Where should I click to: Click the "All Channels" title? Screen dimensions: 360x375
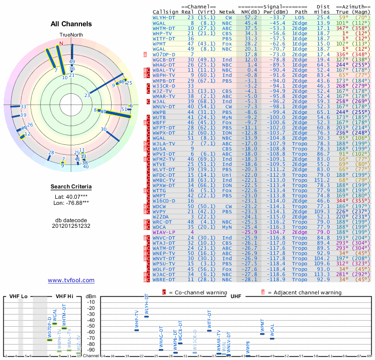tap(71, 24)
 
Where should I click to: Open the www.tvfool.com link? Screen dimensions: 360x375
tap(71, 280)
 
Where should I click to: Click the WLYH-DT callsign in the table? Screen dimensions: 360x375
tap(165, 16)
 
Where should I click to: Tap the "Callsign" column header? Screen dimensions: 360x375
tap(165, 11)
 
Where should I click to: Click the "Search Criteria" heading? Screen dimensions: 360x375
tap(71, 187)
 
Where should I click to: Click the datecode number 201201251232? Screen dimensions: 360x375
tap(71, 226)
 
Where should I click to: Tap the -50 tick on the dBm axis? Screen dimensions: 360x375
tap(90, 326)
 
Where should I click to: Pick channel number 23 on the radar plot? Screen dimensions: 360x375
tap(87, 95)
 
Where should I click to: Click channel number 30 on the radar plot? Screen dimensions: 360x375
tap(104, 129)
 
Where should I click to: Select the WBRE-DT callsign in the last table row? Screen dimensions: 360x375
tap(165, 279)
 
